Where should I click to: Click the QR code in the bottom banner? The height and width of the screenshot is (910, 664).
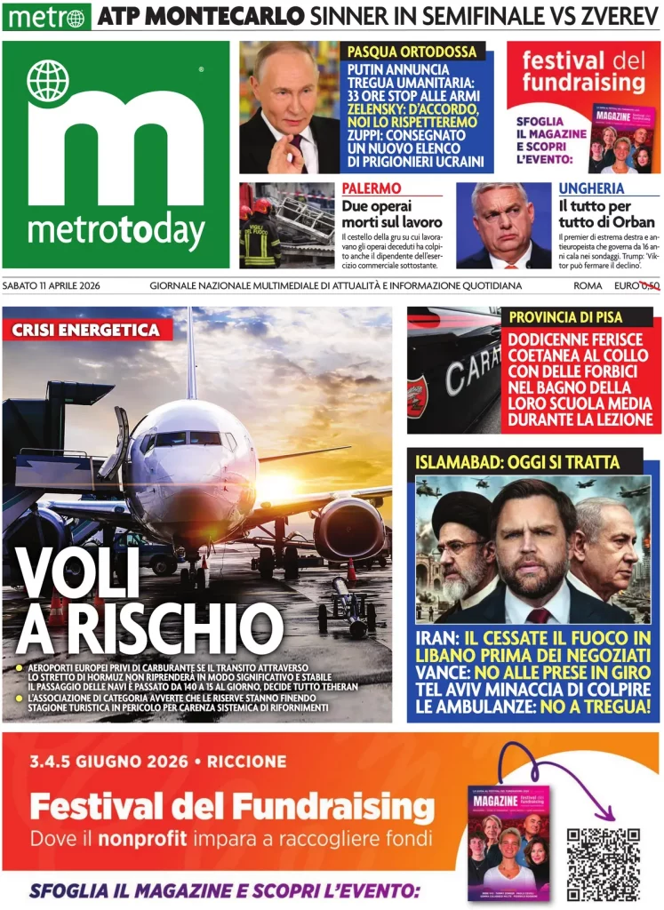[604, 863]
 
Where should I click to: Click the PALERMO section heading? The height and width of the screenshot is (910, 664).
[372, 188]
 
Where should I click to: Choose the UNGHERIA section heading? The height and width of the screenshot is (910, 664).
[591, 188]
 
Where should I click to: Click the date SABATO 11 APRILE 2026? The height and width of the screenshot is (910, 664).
[63, 286]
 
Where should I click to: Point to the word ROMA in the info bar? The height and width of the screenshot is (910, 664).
[588, 286]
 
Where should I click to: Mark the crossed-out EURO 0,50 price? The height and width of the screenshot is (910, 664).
[636, 286]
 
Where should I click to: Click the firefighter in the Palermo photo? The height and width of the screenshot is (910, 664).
[259, 238]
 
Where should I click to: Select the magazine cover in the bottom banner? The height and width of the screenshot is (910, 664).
[509, 841]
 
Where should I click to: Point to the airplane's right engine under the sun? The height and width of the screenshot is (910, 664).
[348, 530]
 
